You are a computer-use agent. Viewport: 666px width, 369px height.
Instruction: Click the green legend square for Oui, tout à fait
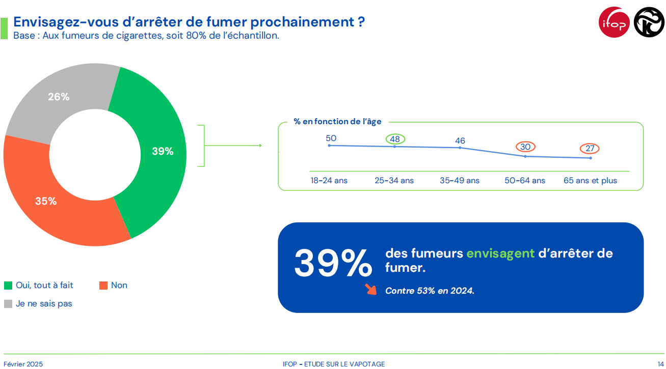coord(8,286)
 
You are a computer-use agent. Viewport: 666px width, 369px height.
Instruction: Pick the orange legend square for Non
coord(103,286)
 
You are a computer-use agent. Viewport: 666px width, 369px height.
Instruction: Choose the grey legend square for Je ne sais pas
coord(8,304)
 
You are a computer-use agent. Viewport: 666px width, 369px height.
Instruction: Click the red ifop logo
coord(614,22)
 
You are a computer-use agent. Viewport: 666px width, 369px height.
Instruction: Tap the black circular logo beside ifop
coord(649,22)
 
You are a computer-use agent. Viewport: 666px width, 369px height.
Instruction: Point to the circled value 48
coord(395,139)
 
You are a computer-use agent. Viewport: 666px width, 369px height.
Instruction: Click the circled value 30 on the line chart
coord(525,147)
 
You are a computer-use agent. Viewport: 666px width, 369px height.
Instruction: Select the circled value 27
coord(590,149)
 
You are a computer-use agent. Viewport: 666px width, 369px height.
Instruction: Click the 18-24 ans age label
coord(329,181)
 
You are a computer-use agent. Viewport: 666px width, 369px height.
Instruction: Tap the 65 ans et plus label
coord(590,181)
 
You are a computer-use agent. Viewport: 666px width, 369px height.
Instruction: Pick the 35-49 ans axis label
coord(460,181)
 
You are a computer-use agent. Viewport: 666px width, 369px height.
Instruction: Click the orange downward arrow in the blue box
coord(370,290)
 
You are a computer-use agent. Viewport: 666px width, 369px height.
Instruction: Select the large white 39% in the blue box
coord(333,263)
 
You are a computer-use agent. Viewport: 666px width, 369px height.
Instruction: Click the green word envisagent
coord(500,253)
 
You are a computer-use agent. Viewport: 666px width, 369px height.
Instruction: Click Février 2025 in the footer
coord(23,364)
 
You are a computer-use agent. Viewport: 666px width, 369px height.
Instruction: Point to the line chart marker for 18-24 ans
coord(329,146)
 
